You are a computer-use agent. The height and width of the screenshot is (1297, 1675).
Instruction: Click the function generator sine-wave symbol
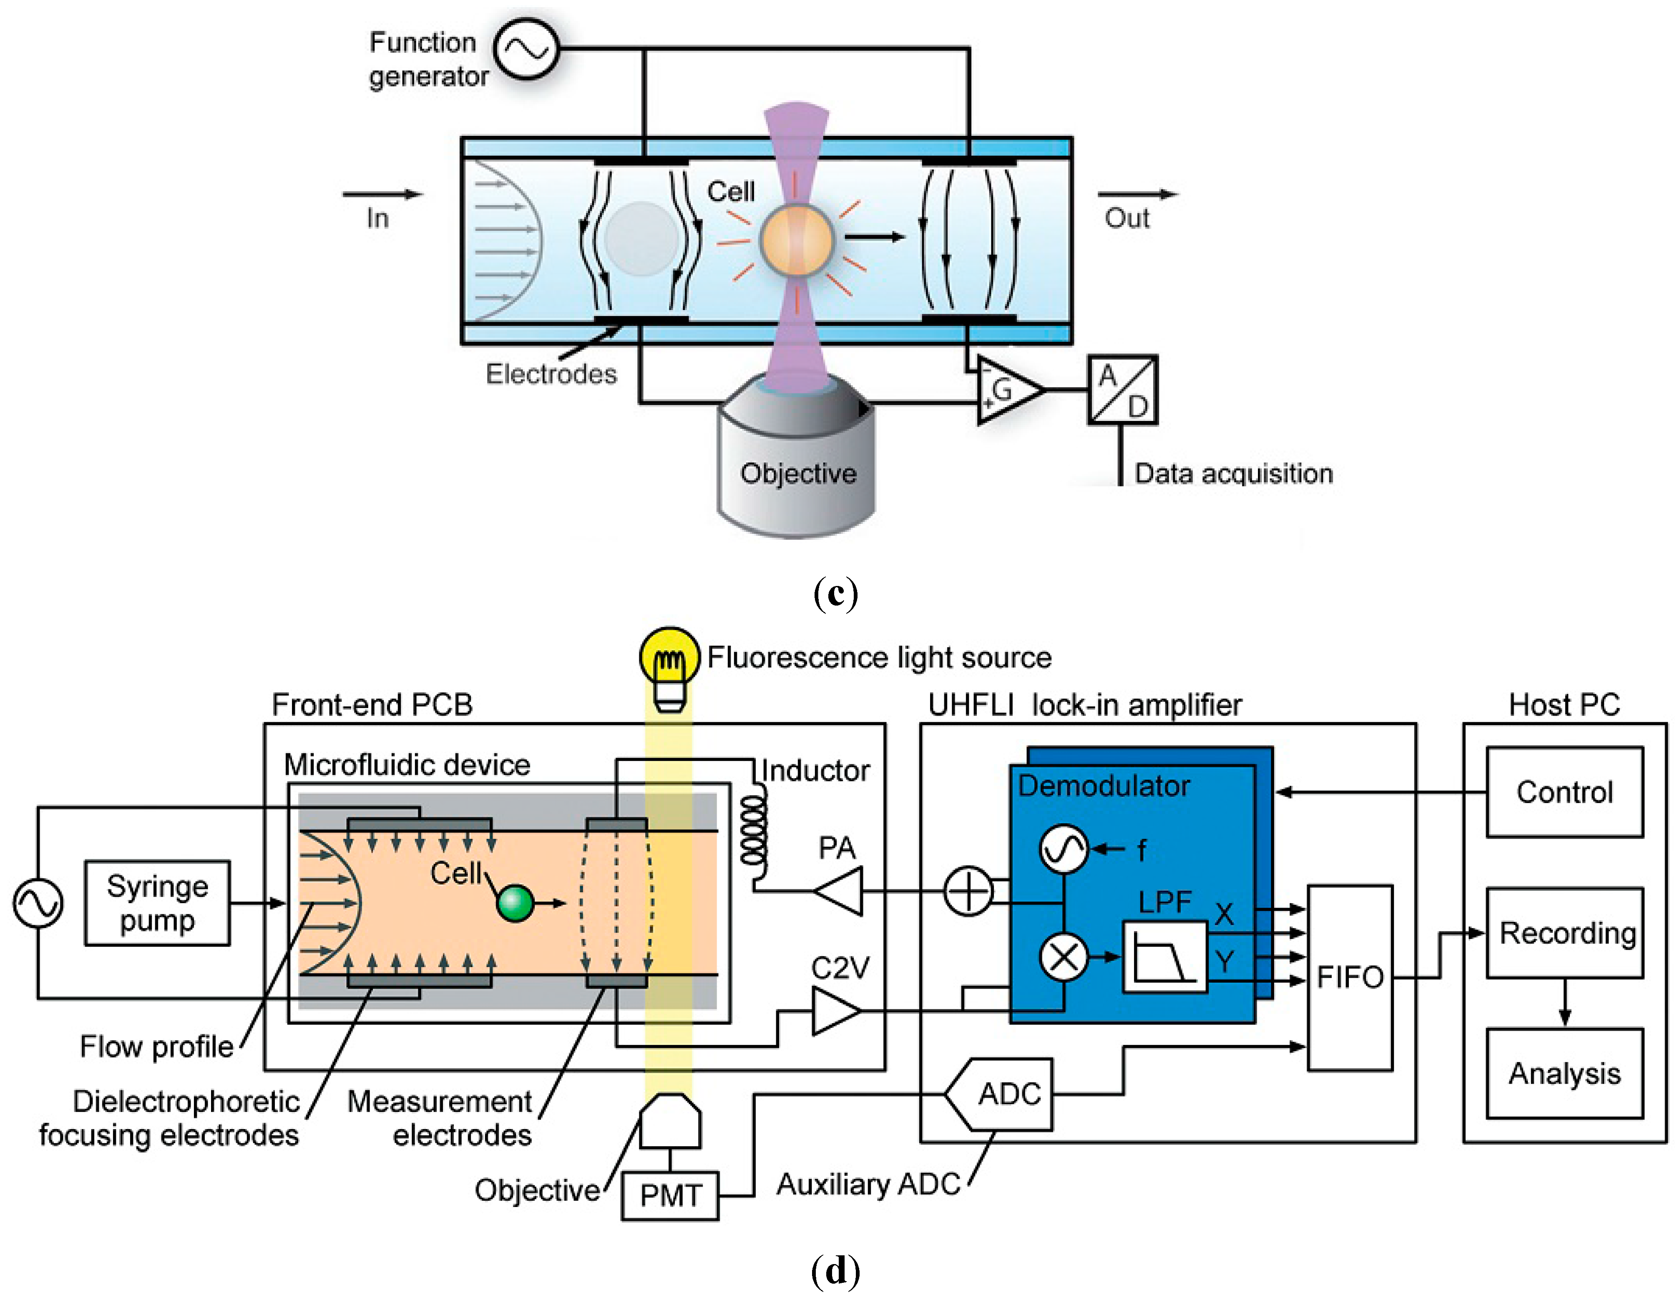(x=526, y=49)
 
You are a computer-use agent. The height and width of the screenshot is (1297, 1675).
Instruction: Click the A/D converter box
(x=1122, y=390)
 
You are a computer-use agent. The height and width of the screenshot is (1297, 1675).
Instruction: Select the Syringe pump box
(x=157, y=903)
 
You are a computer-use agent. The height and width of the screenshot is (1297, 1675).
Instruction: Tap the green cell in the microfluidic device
(x=515, y=903)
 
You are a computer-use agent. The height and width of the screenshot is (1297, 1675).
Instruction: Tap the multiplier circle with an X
(x=1063, y=956)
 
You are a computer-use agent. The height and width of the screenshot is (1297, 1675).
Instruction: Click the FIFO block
(x=1350, y=977)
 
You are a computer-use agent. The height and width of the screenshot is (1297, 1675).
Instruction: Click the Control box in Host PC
(x=1564, y=792)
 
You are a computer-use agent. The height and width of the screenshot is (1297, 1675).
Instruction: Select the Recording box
(x=1564, y=933)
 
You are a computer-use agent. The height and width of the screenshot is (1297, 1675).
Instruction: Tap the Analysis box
(x=1564, y=1073)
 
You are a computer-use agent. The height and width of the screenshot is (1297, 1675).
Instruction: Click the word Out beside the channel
(x=1127, y=218)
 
